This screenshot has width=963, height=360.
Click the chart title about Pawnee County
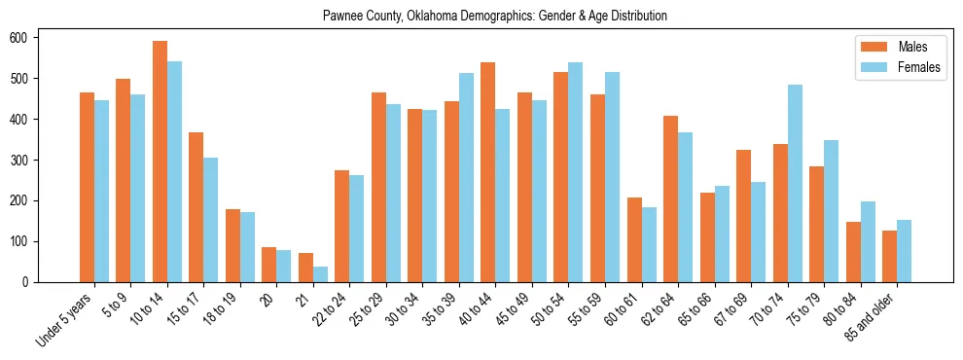tap(481, 16)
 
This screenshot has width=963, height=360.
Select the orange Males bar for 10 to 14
tap(160, 162)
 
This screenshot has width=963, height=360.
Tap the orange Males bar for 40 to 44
tap(488, 172)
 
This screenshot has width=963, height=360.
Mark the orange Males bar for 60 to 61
tap(634, 239)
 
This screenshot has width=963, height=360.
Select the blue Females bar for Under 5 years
tap(101, 191)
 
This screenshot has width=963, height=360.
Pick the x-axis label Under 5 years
tap(67, 318)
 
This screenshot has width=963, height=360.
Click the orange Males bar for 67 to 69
tap(743, 216)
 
